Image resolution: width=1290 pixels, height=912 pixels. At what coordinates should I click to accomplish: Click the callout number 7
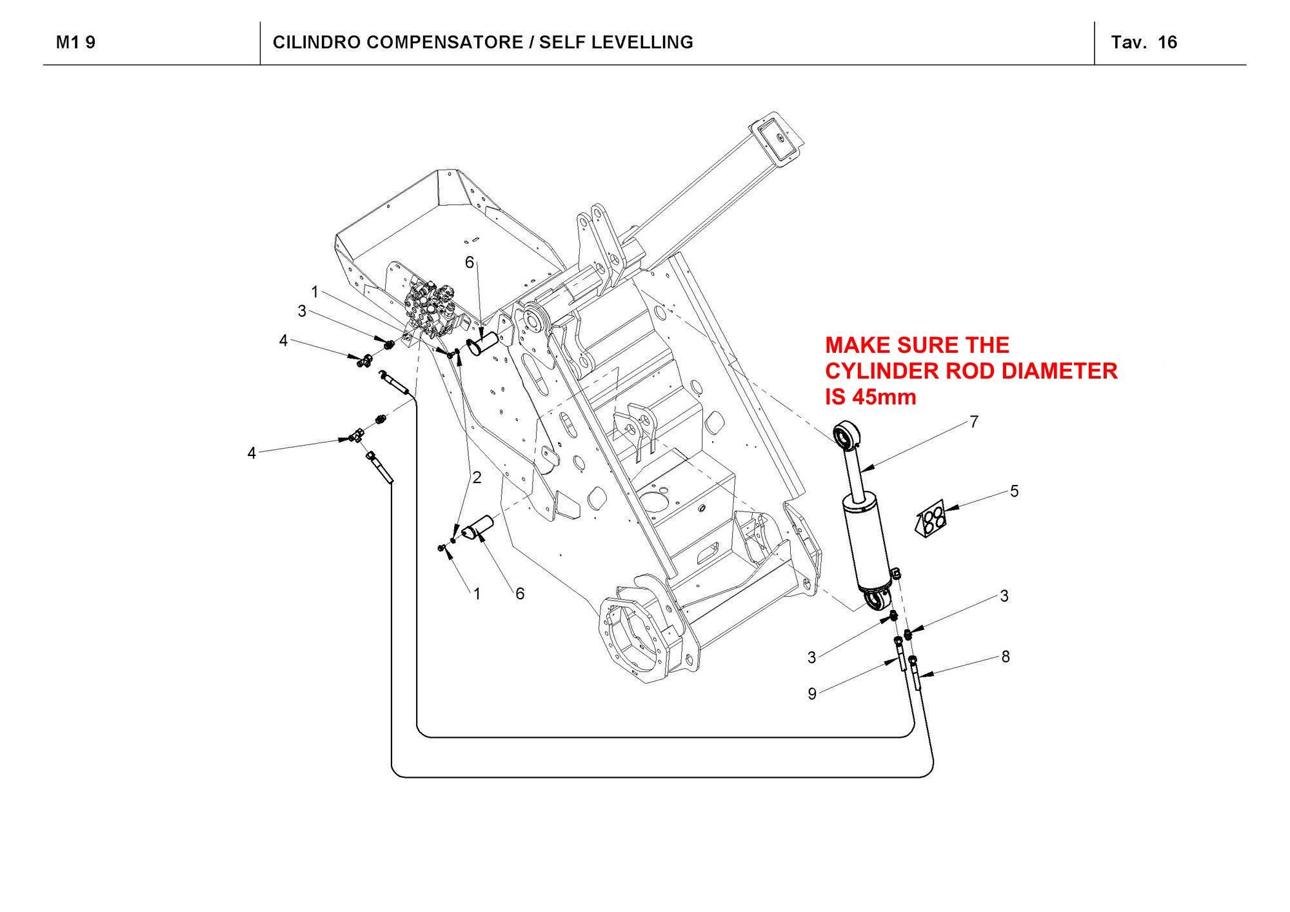pyautogui.click(x=974, y=422)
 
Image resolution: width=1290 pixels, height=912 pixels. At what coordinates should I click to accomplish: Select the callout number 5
pyautogui.click(x=1014, y=491)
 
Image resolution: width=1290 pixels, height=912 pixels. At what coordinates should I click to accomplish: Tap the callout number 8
pyautogui.click(x=1005, y=657)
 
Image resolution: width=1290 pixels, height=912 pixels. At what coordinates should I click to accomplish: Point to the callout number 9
pyautogui.click(x=812, y=694)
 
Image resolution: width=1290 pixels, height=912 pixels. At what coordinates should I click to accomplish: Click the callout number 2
pyautogui.click(x=477, y=478)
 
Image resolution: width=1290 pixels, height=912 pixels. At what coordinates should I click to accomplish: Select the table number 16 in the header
pyautogui.click(x=1167, y=43)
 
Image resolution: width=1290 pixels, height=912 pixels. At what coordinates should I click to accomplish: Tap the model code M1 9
pyautogui.click(x=75, y=43)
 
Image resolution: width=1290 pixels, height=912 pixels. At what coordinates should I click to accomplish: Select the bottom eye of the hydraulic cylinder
pyautogui.click(x=875, y=600)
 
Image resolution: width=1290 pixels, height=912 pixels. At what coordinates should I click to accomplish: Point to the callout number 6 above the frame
pyautogui.click(x=470, y=262)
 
